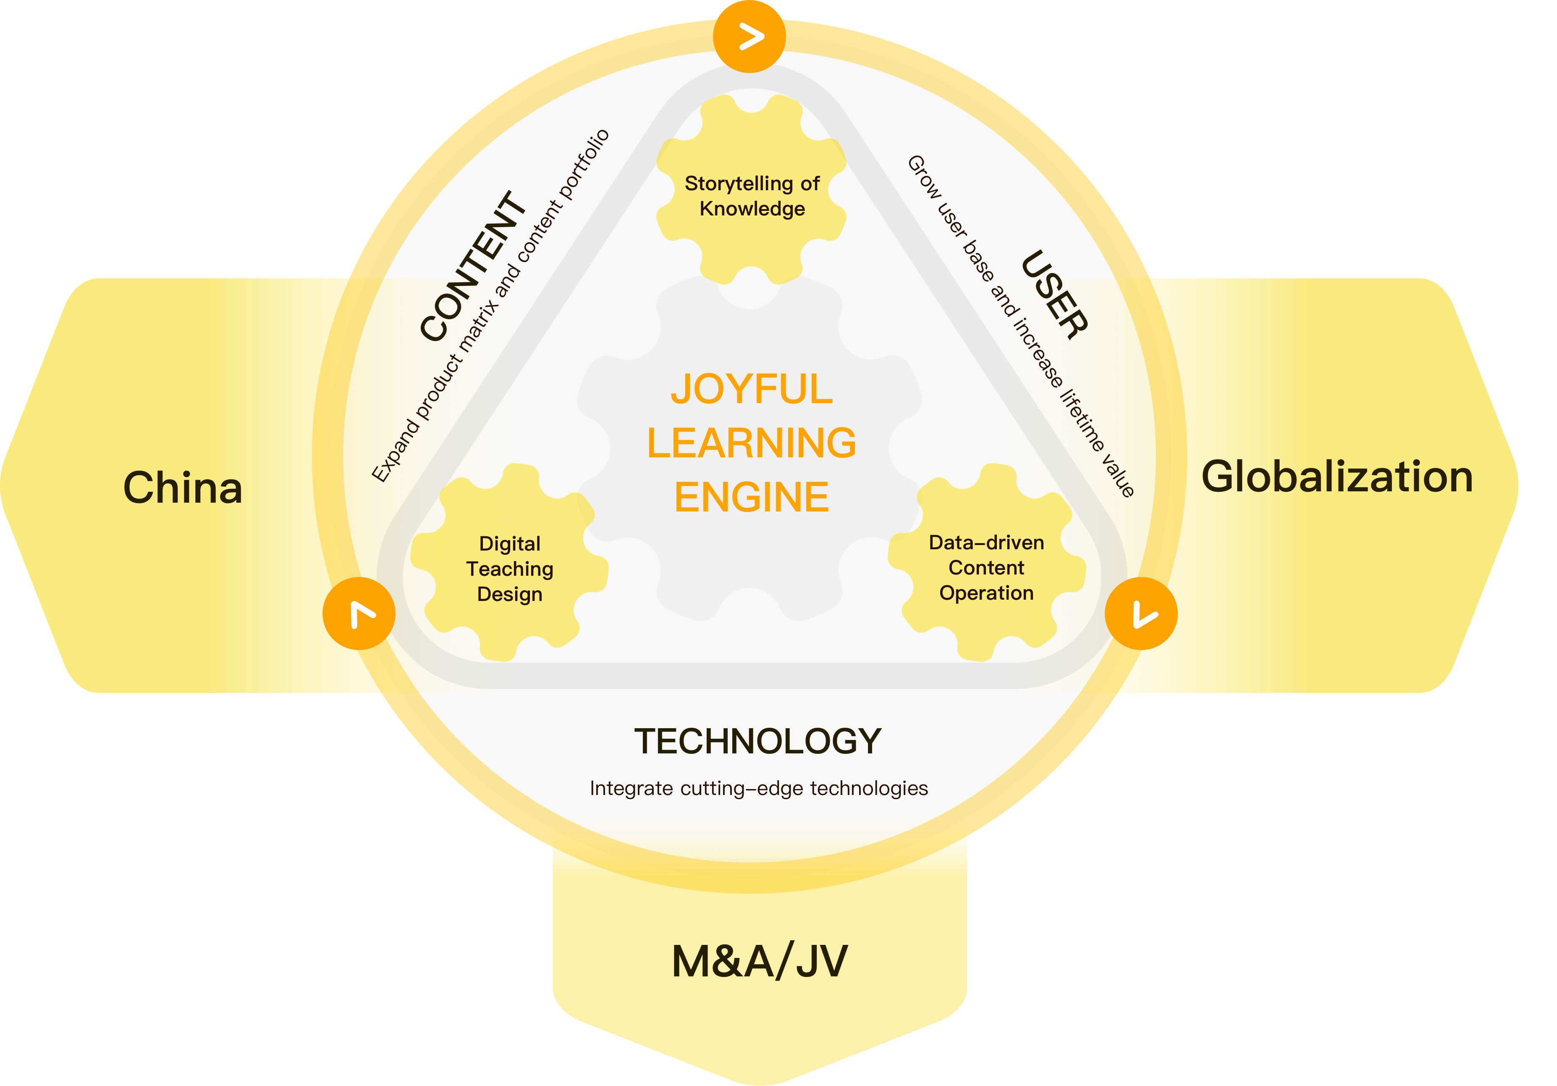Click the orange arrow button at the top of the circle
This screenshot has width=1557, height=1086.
point(750,37)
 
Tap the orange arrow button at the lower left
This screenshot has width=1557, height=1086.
point(359,613)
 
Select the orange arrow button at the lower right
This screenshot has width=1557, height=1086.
point(1141,613)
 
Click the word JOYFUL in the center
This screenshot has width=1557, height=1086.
point(751,389)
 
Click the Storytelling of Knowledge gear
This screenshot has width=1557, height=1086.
point(751,189)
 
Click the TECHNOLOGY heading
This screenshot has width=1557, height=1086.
point(758,741)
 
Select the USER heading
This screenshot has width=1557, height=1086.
point(1054,295)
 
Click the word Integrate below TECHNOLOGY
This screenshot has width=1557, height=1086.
point(632,788)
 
